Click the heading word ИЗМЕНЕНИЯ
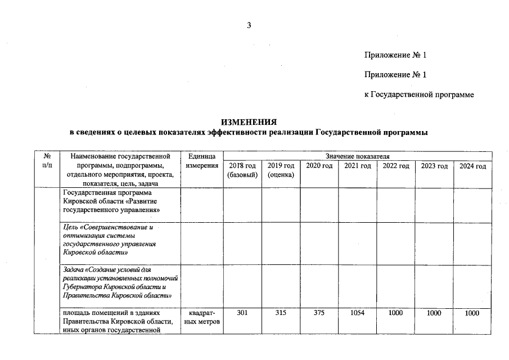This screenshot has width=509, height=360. (249, 122)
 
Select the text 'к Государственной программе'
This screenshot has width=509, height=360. (419, 94)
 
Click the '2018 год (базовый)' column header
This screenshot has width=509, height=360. (242, 170)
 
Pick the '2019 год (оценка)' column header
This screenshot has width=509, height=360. (281, 170)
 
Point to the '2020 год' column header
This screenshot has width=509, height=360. (319, 166)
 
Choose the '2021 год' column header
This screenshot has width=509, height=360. (357, 166)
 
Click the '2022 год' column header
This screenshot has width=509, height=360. (396, 166)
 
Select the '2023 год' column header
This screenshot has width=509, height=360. (434, 166)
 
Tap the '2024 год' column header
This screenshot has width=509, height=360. (472, 166)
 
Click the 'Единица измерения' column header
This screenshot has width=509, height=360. (201, 161)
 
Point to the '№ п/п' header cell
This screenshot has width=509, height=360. (48, 161)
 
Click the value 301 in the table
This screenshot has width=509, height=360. (242, 313)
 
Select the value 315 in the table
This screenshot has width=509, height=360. (281, 313)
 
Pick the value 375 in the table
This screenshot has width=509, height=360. (319, 313)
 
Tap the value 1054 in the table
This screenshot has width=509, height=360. (357, 313)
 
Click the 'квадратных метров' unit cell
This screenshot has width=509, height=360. (201, 318)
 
